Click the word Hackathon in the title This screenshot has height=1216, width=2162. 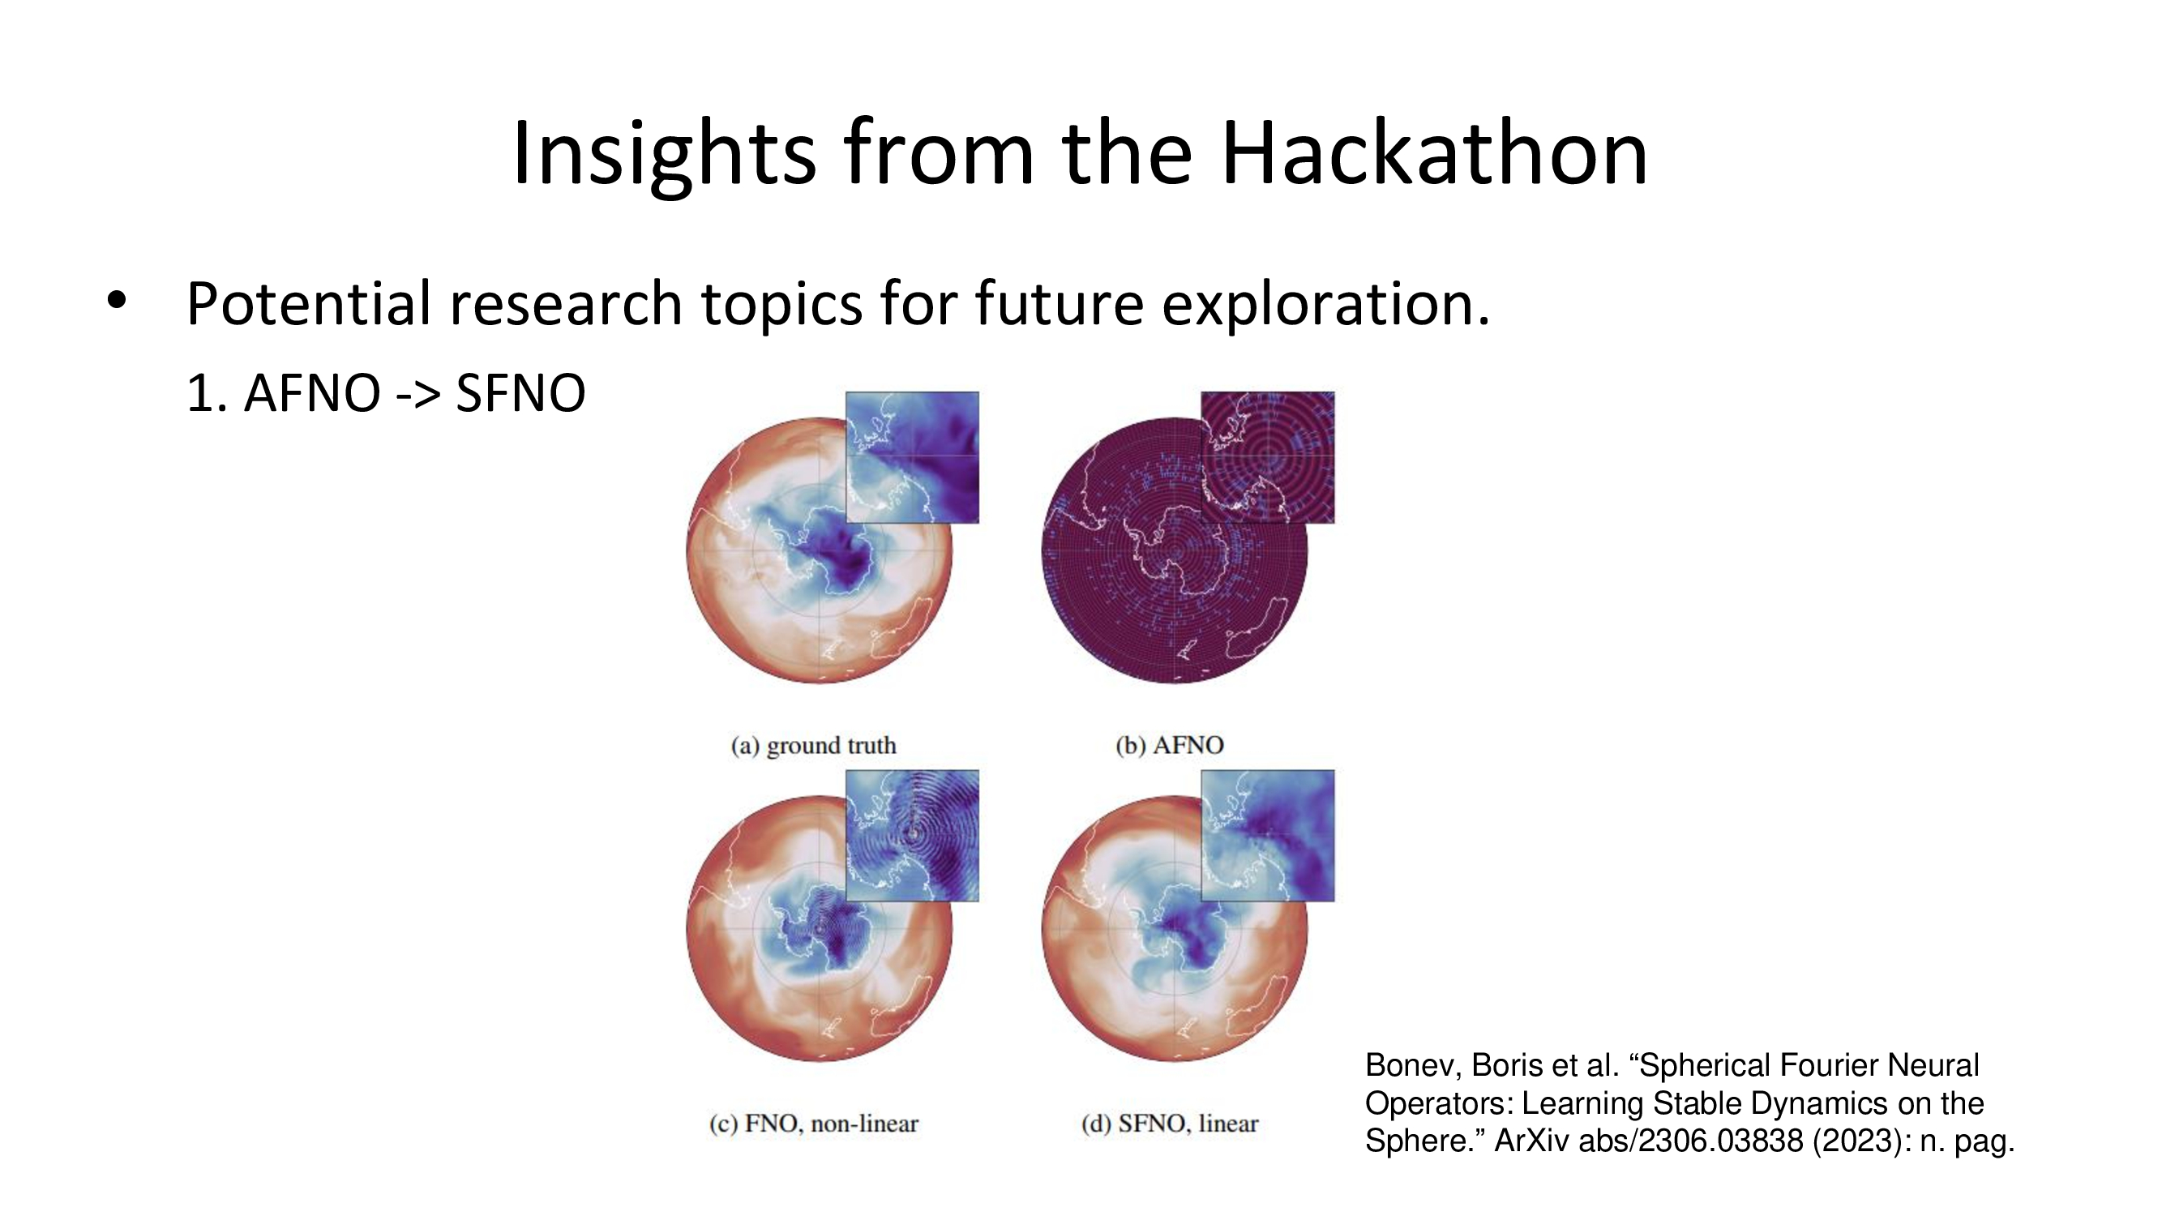click(1434, 152)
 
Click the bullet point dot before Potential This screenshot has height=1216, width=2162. click(117, 300)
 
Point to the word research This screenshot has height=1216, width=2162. click(566, 304)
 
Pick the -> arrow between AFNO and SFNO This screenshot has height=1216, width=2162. click(417, 395)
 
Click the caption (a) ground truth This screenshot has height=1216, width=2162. click(813, 744)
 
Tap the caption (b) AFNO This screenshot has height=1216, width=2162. click(1169, 744)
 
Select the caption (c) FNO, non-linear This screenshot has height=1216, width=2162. click(813, 1123)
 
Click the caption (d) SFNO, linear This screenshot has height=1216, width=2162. click(1169, 1123)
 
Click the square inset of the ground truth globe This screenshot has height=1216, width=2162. click(912, 457)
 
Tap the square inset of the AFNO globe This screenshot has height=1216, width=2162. click(1267, 457)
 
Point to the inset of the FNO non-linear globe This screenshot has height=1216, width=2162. click(912, 836)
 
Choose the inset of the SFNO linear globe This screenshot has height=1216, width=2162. click(1267, 836)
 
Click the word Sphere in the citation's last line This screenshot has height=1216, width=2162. click(1423, 1141)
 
